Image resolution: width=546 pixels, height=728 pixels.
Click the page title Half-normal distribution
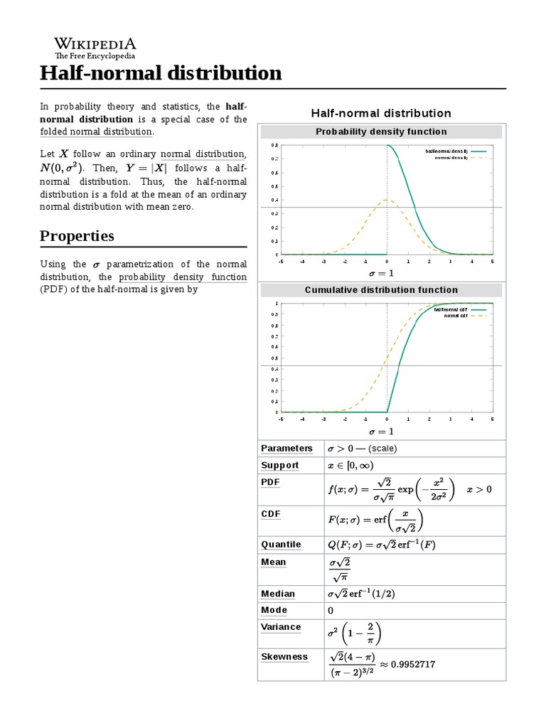pyautogui.click(x=161, y=73)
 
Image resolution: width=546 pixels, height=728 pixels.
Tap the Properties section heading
pyautogui.click(x=77, y=236)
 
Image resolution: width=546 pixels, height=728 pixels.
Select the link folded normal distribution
pyautogui.click(x=96, y=132)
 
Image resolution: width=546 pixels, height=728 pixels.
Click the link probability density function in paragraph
pyautogui.click(x=183, y=277)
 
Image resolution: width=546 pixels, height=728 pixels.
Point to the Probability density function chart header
pyautogui.click(x=381, y=132)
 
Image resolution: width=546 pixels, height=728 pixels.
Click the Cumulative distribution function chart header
pyautogui.click(x=381, y=290)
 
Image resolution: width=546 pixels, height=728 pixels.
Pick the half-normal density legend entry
pyautogui.click(x=446, y=151)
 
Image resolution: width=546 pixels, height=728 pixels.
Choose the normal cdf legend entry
pyautogui.click(x=456, y=315)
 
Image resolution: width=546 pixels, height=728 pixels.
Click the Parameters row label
pyautogui.click(x=287, y=449)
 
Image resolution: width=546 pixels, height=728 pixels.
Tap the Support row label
pyautogui.click(x=280, y=466)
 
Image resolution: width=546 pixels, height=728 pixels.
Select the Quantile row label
pyautogui.click(x=281, y=545)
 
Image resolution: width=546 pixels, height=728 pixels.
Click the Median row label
pyautogui.click(x=278, y=594)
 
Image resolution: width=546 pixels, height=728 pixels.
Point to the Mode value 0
pyautogui.click(x=331, y=611)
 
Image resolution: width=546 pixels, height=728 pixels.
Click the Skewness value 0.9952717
pyautogui.click(x=408, y=664)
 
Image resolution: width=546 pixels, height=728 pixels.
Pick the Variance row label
pyautogui.click(x=281, y=627)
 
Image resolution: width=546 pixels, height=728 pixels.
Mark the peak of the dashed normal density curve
pyautogui.click(x=387, y=200)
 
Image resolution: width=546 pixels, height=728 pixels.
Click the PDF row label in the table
pyautogui.click(x=271, y=482)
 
